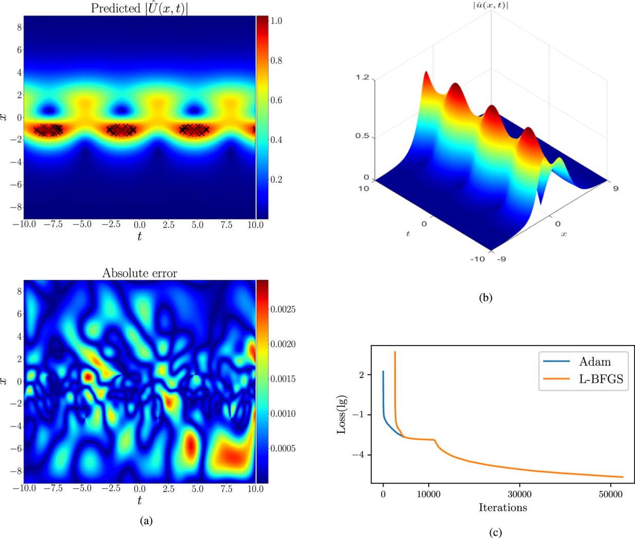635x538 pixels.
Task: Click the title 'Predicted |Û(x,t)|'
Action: tap(139, 8)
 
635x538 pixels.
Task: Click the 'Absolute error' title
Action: tap(139, 273)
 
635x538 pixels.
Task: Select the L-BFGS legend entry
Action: tap(602, 380)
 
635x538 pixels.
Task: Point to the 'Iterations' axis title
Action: tap(502, 508)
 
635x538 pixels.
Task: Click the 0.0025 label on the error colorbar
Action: tap(283, 310)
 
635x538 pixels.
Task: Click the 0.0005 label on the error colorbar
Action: tap(283, 449)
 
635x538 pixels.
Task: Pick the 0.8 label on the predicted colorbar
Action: tap(277, 61)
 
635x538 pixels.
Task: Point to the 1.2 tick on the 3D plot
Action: tap(362, 77)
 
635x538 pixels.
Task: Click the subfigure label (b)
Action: tap(485, 297)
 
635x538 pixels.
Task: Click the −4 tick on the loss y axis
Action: tap(358, 455)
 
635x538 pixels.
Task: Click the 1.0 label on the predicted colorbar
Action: tap(277, 21)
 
